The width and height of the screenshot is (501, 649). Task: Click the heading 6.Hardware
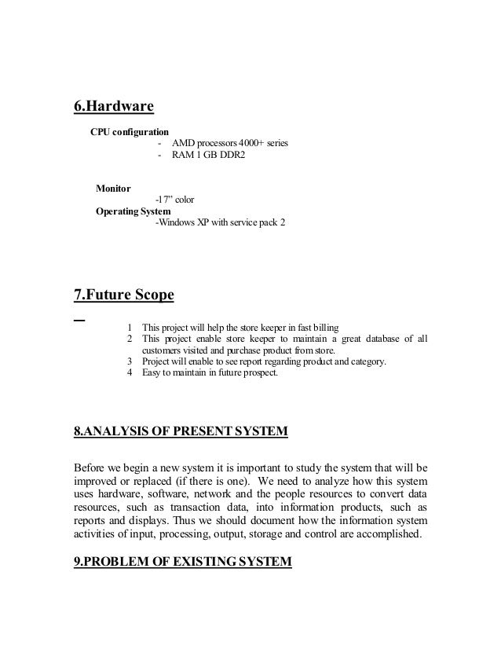113,106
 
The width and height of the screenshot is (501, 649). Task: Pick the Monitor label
113,188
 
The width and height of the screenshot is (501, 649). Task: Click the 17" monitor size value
164,200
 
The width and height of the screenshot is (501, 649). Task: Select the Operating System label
132,211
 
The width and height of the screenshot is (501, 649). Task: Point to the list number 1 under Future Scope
130,327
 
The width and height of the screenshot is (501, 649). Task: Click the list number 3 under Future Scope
130,361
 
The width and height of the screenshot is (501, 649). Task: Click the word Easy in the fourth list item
152,372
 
